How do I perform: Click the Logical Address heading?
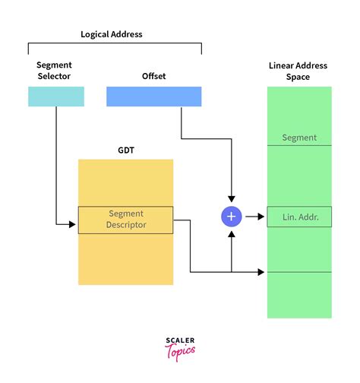(112, 34)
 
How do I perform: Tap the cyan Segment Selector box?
(56, 97)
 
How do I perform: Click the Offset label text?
(153, 77)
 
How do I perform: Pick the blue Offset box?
(153, 97)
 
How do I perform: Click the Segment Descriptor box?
(125, 220)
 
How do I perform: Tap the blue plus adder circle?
(232, 217)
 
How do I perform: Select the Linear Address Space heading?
(299, 71)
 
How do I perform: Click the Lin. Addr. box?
(299, 217)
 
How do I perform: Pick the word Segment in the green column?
(299, 138)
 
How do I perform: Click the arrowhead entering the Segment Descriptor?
(74, 224)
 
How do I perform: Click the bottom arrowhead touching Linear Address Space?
(263, 271)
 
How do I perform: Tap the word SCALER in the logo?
(180, 341)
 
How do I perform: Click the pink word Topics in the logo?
(180, 351)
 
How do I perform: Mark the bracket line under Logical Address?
(115, 44)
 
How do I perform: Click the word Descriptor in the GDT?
(126, 225)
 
